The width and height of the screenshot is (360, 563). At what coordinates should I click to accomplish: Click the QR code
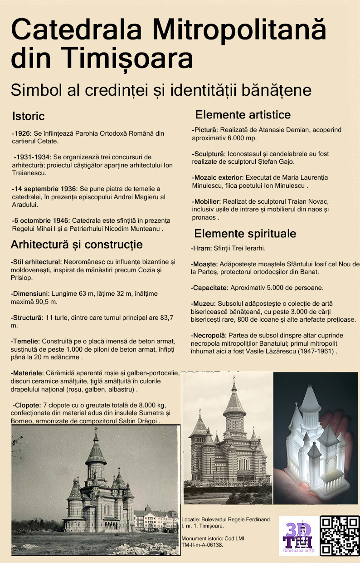pos(340,535)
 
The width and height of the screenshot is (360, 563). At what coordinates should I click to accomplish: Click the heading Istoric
pos(29,116)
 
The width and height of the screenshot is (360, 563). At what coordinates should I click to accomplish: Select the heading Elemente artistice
pos(243,114)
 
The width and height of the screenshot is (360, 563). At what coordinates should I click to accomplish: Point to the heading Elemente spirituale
pos(245,234)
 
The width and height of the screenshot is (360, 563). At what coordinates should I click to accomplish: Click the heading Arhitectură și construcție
pos(77,245)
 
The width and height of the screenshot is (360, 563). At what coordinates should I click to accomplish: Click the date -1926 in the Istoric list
pos(21,134)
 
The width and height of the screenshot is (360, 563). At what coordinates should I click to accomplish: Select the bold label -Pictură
pos(205,130)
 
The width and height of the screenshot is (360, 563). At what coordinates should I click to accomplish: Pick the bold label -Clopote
pos(27,405)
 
